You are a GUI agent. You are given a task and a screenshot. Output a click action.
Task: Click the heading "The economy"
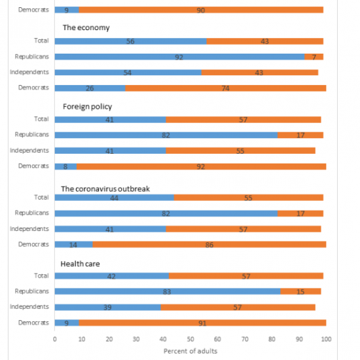point(86,27)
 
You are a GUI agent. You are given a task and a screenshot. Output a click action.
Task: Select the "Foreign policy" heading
point(88,107)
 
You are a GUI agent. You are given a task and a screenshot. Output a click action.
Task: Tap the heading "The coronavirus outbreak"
point(105,189)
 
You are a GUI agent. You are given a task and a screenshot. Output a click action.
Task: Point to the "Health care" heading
point(80,264)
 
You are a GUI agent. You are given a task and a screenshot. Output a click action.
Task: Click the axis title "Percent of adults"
point(190,351)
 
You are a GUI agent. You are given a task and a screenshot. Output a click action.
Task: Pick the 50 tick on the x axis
point(190,339)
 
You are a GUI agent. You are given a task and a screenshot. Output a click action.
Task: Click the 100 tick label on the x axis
point(326,339)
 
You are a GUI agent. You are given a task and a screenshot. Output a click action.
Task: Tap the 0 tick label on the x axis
point(54,339)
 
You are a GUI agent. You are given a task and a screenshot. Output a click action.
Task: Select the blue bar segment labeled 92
point(179,57)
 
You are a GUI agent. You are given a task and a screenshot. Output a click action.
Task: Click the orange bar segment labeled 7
point(314,57)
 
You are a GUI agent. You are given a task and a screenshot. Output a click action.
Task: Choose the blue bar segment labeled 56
point(131,41)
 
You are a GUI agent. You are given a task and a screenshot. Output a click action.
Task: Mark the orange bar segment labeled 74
point(226,88)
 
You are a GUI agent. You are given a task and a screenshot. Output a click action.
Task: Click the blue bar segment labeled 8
point(65,166)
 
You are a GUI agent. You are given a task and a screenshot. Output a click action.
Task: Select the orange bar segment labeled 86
point(209,245)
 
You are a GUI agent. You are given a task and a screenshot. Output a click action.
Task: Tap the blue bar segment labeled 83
point(168,291)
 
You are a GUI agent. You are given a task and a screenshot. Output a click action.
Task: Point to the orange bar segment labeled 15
point(300,291)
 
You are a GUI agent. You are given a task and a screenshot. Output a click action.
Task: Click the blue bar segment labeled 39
point(108,307)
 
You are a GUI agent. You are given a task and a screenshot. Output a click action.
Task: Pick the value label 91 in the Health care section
point(202,323)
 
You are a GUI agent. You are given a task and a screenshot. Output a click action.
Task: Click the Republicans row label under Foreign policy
point(31,135)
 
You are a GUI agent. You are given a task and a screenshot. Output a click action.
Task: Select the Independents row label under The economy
point(29,72)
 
